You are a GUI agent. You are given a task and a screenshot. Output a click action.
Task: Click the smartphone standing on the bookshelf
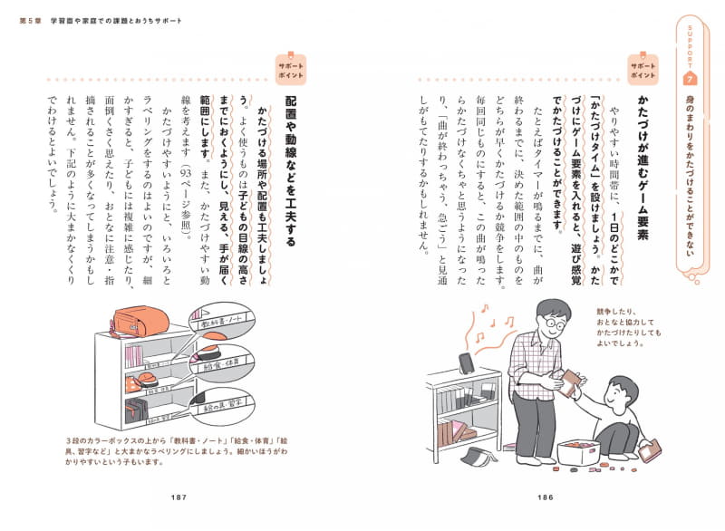click(x=466, y=362)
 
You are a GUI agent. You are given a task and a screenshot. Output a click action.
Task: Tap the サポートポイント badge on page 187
click(x=291, y=72)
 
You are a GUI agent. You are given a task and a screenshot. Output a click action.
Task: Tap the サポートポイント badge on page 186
click(x=643, y=72)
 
